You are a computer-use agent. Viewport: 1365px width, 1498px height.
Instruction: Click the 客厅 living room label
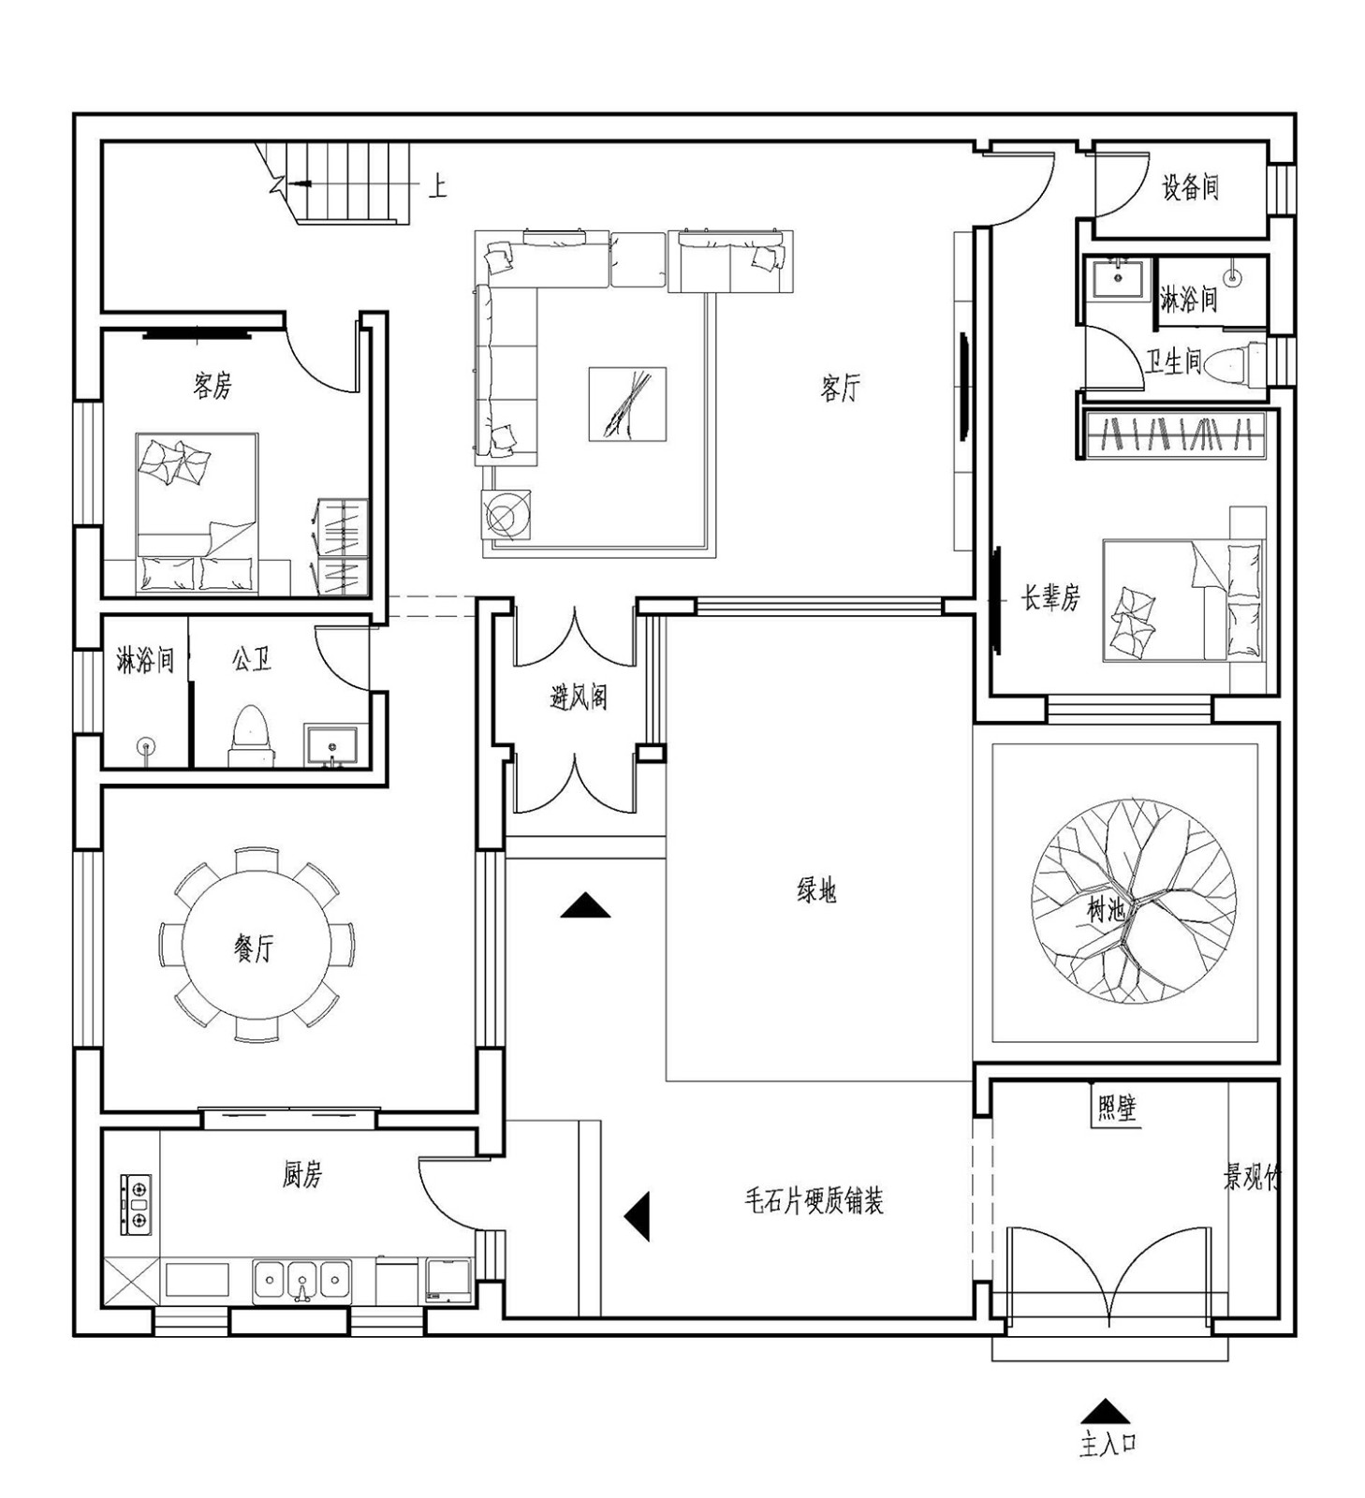point(839,387)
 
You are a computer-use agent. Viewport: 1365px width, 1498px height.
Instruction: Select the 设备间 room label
point(1190,187)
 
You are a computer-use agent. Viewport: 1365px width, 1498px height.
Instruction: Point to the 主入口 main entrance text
point(1108,1444)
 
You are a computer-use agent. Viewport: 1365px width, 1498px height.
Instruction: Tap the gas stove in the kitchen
point(137,1204)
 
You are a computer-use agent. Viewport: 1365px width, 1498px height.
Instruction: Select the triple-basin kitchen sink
point(301,1280)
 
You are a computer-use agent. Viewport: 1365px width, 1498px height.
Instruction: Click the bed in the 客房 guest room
point(197,513)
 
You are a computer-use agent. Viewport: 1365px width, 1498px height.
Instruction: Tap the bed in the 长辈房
point(1182,600)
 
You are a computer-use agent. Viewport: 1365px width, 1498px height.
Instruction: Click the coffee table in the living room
point(627,404)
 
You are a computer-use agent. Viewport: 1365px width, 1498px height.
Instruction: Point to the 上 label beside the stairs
point(438,185)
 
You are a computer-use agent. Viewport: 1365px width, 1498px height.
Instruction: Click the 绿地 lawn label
point(816,890)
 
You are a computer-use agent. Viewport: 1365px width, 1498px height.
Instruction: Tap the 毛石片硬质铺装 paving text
point(814,1200)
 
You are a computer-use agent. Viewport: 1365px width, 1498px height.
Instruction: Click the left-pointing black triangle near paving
point(638,1216)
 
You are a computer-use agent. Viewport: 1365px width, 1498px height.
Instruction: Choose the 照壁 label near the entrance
point(1116,1109)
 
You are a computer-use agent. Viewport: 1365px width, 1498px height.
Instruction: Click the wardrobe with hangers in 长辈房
point(1177,435)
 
